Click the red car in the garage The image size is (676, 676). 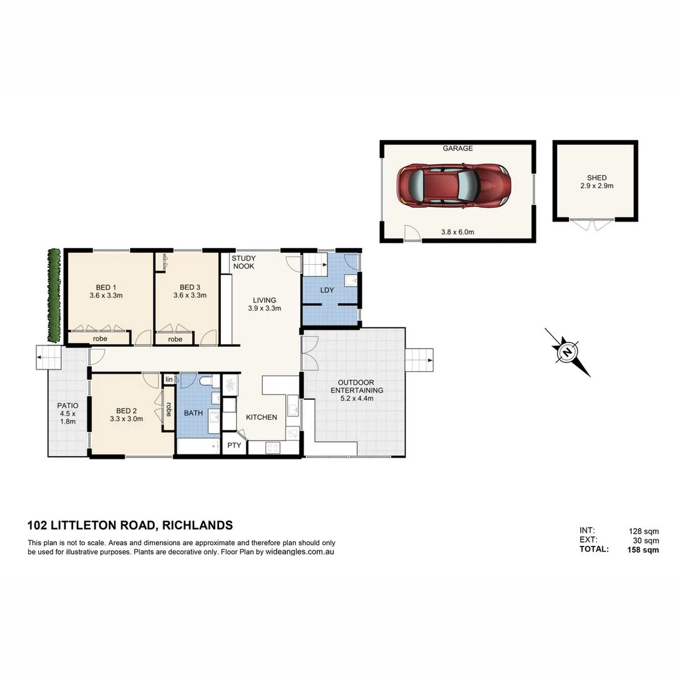click(454, 187)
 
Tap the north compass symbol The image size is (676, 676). click(567, 352)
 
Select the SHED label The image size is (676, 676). click(597, 178)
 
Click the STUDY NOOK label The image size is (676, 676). click(243, 262)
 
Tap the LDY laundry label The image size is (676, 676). click(327, 290)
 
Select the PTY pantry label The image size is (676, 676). click(234, 446)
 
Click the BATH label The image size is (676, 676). click(193, 413)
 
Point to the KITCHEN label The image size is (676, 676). click(261, 417)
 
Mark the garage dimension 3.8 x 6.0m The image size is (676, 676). click(457, 232)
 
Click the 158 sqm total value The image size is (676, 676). click(643, 550)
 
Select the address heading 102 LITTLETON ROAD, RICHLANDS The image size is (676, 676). click(130, 525)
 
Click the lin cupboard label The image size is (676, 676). click(168, 379)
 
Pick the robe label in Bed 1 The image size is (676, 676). click(100, 339)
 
